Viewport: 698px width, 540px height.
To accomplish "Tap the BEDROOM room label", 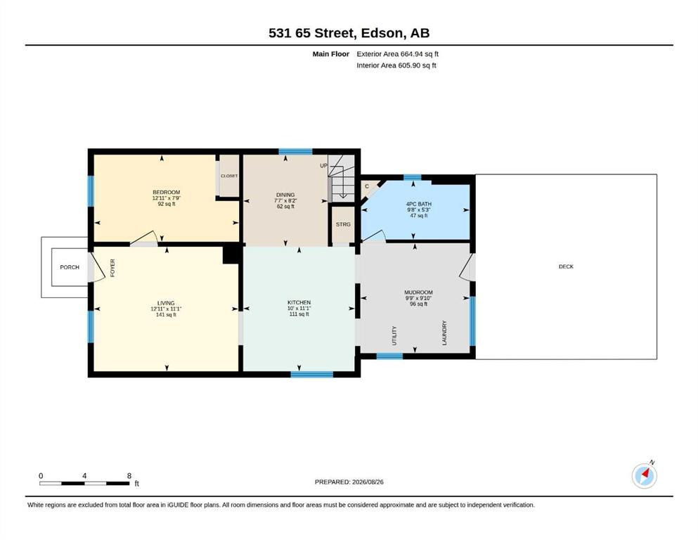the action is [x=167, y=193].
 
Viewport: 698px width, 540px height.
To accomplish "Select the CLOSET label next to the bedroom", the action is [x=229, y=176].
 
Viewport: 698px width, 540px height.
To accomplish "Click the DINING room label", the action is [x=285, y=195].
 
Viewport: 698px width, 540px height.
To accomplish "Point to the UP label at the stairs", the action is [x=323, y=166].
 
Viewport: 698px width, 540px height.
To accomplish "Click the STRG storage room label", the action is [x=343, y=224].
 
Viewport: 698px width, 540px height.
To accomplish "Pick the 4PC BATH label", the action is [x=418, y=204].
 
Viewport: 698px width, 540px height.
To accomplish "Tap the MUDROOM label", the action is [x=418, y=292].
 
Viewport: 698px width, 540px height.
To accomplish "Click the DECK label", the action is [x=567, y=266].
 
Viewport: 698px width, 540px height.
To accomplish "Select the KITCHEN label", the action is [x=299, y=302].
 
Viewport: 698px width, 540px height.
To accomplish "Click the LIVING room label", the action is [x=166, y=303].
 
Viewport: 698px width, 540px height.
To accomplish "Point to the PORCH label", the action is [x=70, y=267].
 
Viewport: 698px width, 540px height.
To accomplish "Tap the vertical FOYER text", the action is [x=112, y=268].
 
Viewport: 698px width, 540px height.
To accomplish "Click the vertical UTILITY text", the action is [x=394, y=335].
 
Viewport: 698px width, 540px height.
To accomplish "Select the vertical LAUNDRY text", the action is [x=444, y=333].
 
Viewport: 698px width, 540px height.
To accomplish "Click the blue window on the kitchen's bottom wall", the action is [x=312, y=374].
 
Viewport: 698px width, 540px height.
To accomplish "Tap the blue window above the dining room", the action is [x=296, y=151].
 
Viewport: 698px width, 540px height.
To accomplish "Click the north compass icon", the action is [x=644, y=475].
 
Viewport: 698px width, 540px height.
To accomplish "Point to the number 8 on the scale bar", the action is [x=129, y=475].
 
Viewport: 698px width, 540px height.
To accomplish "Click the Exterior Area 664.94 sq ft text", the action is [x=398, y=54].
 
